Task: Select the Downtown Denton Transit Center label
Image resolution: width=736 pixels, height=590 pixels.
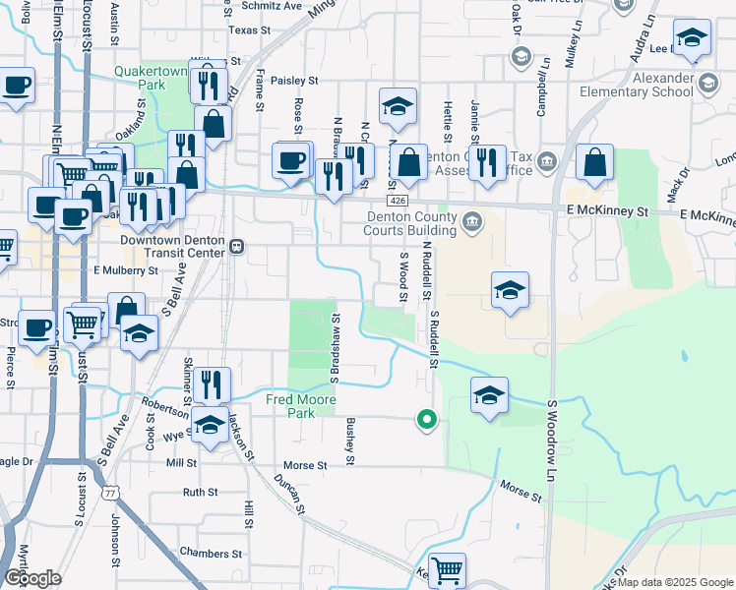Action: coord(173,247)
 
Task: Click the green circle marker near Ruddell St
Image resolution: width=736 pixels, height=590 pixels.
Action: coord(426,420)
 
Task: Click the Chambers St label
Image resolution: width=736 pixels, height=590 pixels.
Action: coord(204,554)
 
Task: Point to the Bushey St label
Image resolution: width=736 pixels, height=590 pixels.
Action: coord(349,440)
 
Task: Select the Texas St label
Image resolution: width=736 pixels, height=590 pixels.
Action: coord(249,30)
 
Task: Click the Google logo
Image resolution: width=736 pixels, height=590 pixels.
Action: coord(33,578)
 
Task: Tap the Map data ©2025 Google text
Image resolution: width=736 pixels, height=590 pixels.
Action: coord(675,582)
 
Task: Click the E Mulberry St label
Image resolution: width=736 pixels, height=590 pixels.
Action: coord(125,269)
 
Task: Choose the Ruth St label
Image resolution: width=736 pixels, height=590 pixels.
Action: coord(200,492)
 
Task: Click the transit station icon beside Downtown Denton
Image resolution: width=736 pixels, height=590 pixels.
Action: coord(236,246)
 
